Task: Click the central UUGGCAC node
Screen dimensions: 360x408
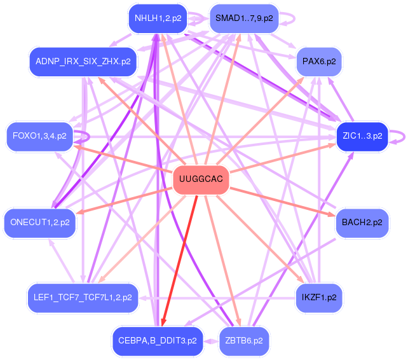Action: pyautogui.click(x=201, y=179)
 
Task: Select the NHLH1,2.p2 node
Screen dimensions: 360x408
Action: pyautogui.click(x=157, y=18)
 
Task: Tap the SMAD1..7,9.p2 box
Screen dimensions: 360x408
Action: pyautogui.click(x=244, y=18)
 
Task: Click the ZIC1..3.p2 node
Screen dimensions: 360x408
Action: pyautogui.click(x=362, y=135)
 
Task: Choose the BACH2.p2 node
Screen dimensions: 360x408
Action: pyautogui.click(x=362, y=222)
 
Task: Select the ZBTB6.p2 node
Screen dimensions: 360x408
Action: pyautogui.click(x=244, y=341)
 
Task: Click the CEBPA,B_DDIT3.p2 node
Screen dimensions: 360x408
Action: pyautogui.click(x=158, y=341)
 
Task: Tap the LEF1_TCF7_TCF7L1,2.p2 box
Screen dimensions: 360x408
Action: pyautogui.click(x=83, y=297)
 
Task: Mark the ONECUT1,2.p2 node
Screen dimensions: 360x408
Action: pyautogui.click(x=39, y=222)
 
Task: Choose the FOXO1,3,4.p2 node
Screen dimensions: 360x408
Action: pyautogui.click(x=39, y=135)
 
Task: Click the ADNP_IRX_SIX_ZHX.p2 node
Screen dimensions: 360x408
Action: pyautogui.click(x=83, y=62)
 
